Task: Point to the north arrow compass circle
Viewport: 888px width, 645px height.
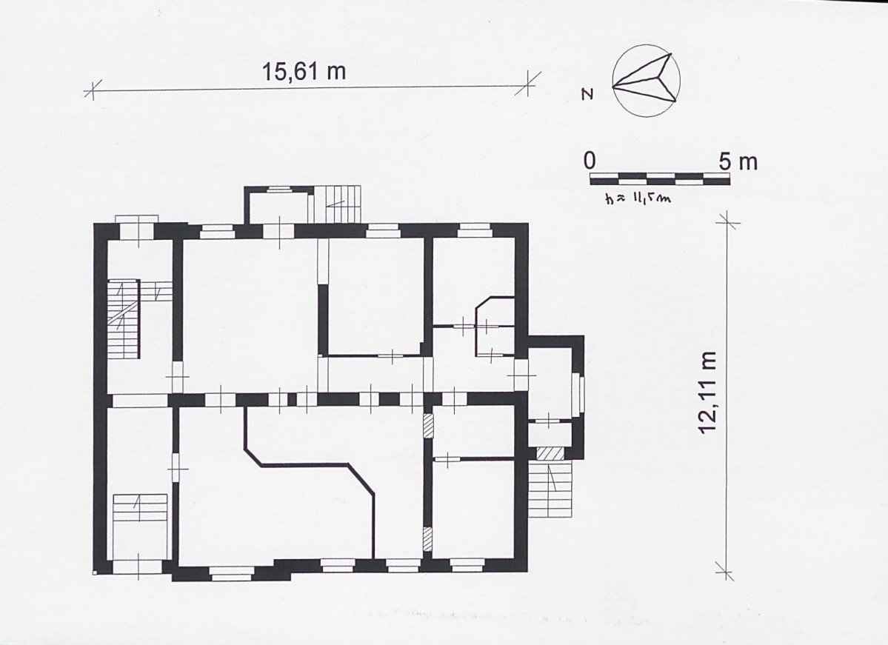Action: tap(646, 82)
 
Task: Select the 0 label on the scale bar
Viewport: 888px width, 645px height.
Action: tap(590, 161)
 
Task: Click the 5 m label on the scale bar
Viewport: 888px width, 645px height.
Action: tap(738, 161)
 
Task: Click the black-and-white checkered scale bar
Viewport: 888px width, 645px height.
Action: tap(660, 179)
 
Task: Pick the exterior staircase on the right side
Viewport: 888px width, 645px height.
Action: tap(550, 489)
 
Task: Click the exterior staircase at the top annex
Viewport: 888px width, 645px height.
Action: tap(338, 204)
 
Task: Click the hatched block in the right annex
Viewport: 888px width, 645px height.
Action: tap(550, 453)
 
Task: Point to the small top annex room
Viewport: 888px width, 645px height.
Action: tap(278, 205)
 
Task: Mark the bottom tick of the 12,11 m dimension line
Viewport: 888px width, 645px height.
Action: tap(724, 571)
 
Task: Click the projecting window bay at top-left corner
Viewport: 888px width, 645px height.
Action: tap(136, 220)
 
